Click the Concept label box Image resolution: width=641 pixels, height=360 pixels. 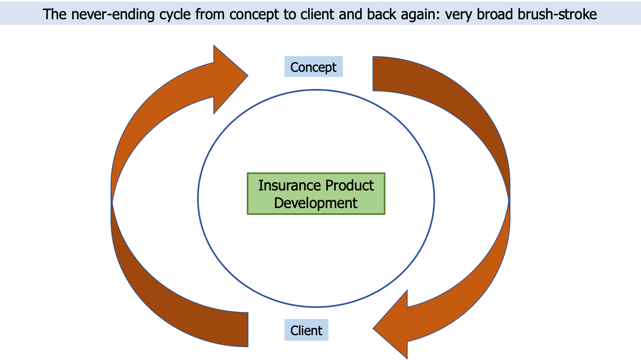(313, 67)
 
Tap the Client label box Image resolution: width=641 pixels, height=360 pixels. (306, 330)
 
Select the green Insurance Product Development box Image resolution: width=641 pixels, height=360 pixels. (316, 194)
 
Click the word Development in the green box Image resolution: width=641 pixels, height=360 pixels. (316, 203)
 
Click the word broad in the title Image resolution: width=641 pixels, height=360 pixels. (495, 14)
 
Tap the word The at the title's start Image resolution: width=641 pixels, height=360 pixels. (54, 14)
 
